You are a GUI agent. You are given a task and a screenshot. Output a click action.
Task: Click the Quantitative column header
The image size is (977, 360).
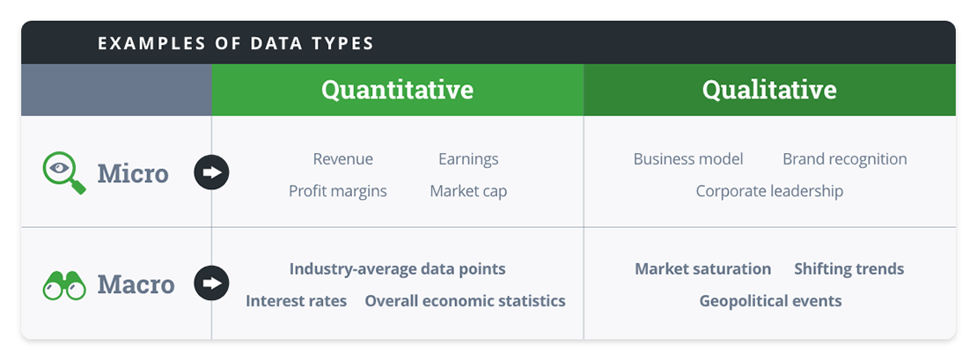pyautogui.click(x=397, y=90)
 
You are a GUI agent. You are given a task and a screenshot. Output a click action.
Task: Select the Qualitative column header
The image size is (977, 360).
pyautogui.click(x=769, y=90)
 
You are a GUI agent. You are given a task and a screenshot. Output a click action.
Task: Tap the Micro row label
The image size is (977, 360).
pyautogui.click(x=132, y=173)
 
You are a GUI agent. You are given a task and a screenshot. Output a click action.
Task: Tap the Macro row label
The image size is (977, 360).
pyautogui.click(x=136, y=283)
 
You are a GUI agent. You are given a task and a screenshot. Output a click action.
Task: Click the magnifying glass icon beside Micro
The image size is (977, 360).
pyautogui.click(x=64, y=173)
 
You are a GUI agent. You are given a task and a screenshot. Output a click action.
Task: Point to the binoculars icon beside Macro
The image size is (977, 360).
pyautogui.click(x=64, y=284)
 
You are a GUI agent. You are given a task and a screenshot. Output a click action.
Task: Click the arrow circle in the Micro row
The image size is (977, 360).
pyautogui.click(x=211, y=173)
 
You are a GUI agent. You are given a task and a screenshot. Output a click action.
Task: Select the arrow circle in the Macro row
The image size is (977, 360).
pyautogui.click(x=211, y=283)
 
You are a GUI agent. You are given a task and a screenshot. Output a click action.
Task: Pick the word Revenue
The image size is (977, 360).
pyautogui.click(x=342, y=159)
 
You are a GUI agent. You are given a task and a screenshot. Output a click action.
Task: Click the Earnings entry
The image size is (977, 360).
pyautogui.click(x=468, y=159)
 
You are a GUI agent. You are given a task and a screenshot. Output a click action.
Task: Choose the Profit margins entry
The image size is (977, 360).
pyautogui.click(x=337, y=191)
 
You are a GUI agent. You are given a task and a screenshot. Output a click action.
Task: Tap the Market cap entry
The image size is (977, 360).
pyautogui.click(x=468, y=191)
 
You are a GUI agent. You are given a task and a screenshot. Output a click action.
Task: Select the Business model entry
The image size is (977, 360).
pyautogui.click(x=687, y=159)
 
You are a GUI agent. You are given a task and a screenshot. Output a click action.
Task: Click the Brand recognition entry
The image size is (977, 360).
pyautogui.click(x=844, y=159)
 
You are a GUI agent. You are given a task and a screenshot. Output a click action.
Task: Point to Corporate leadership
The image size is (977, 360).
pyautogui.click(x=769, y=191)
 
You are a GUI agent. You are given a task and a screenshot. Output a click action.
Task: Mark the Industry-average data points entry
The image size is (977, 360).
pyautogui.click(x=397, y=269)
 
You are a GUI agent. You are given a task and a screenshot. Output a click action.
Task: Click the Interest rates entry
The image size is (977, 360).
pyautogui.click(x=296, y=301)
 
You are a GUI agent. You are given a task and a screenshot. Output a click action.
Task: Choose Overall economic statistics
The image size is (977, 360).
pyautogui.click(x=465, y=301)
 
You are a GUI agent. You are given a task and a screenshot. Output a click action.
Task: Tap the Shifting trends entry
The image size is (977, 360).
pyautogui.click(x=848, y=269)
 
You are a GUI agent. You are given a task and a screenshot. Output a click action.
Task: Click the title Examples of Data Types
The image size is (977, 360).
pyautogui.click(x=235, y=43)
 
